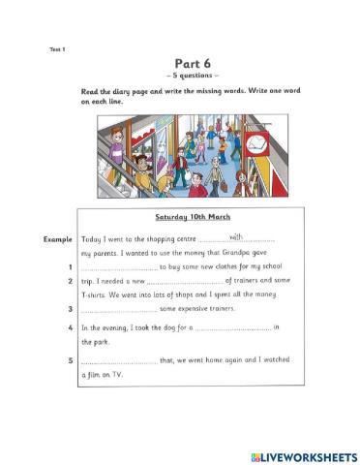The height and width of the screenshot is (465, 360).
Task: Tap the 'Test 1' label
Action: [x=57, y=48]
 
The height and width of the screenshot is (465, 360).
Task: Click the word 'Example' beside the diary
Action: [x=58, y=238]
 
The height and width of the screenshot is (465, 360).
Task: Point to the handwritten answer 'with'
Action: [x=236, y=235]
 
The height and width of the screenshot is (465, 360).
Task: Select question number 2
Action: [x=71, y=281]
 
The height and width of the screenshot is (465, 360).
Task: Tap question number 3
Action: [x=71, y=310]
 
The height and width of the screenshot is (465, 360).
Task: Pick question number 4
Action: [x=71, y=328]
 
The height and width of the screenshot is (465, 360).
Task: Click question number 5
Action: [x=71, y=361]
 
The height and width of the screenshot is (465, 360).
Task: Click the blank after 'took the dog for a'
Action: [x=233, y=329]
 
